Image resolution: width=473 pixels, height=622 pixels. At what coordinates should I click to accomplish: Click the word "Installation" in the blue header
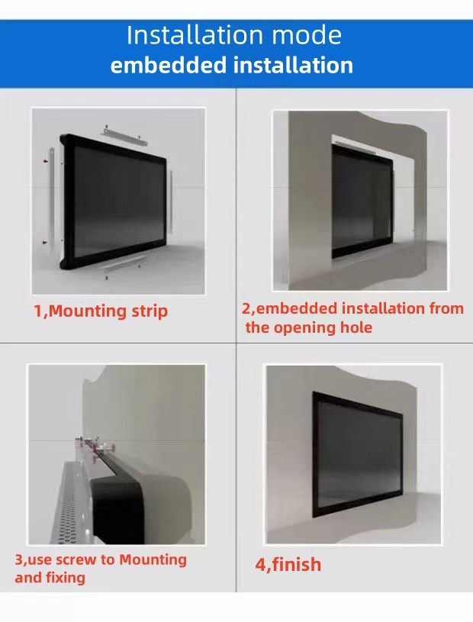coord(195,35)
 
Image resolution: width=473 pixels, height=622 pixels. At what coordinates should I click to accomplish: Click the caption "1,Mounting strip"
coord(101,311)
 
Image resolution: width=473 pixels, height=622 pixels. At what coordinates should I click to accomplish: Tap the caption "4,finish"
coord(288,565)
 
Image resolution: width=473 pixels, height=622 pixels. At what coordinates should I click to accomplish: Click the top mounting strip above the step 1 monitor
coord(125,136)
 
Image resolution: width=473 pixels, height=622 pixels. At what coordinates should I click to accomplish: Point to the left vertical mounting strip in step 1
coord(51,196)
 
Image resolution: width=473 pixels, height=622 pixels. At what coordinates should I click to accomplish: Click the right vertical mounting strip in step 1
coord(172,201)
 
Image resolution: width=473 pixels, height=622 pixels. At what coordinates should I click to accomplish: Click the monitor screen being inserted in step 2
coord(360,203)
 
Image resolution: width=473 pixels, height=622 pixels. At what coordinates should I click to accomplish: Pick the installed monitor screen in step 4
coord(358,454)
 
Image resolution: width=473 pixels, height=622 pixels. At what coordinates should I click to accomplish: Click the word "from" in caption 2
coord(446,308)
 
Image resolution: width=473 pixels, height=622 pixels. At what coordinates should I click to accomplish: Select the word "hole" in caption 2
coord(356,327)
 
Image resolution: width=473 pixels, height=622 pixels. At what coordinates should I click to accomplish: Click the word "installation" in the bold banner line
coord(293,65)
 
